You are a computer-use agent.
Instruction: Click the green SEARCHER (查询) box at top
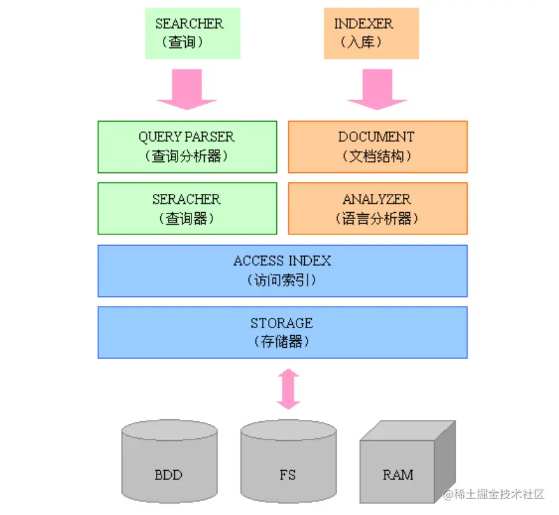point(193,33)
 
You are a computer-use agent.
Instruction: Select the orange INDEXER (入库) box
point(371,33)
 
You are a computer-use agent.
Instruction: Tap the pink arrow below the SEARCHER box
point(187,89)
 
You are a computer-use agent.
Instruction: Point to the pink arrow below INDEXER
point(377,89)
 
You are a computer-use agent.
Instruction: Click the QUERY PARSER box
point(187,146)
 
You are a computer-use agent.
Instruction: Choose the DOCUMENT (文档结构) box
point(378,146)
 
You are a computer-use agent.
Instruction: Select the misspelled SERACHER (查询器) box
point(187,208)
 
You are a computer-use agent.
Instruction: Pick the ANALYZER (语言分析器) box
point(378,208)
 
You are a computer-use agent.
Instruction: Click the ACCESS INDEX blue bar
point(282,270)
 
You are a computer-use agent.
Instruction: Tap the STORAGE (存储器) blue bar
point(282,332)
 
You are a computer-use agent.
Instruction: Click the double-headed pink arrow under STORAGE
point(288,388)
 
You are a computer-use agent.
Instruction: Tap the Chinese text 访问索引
point(282,280)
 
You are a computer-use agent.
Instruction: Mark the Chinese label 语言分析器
point(377,219)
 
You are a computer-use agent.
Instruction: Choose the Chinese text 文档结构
point(377,156)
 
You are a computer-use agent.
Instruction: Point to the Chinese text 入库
point(362,43)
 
